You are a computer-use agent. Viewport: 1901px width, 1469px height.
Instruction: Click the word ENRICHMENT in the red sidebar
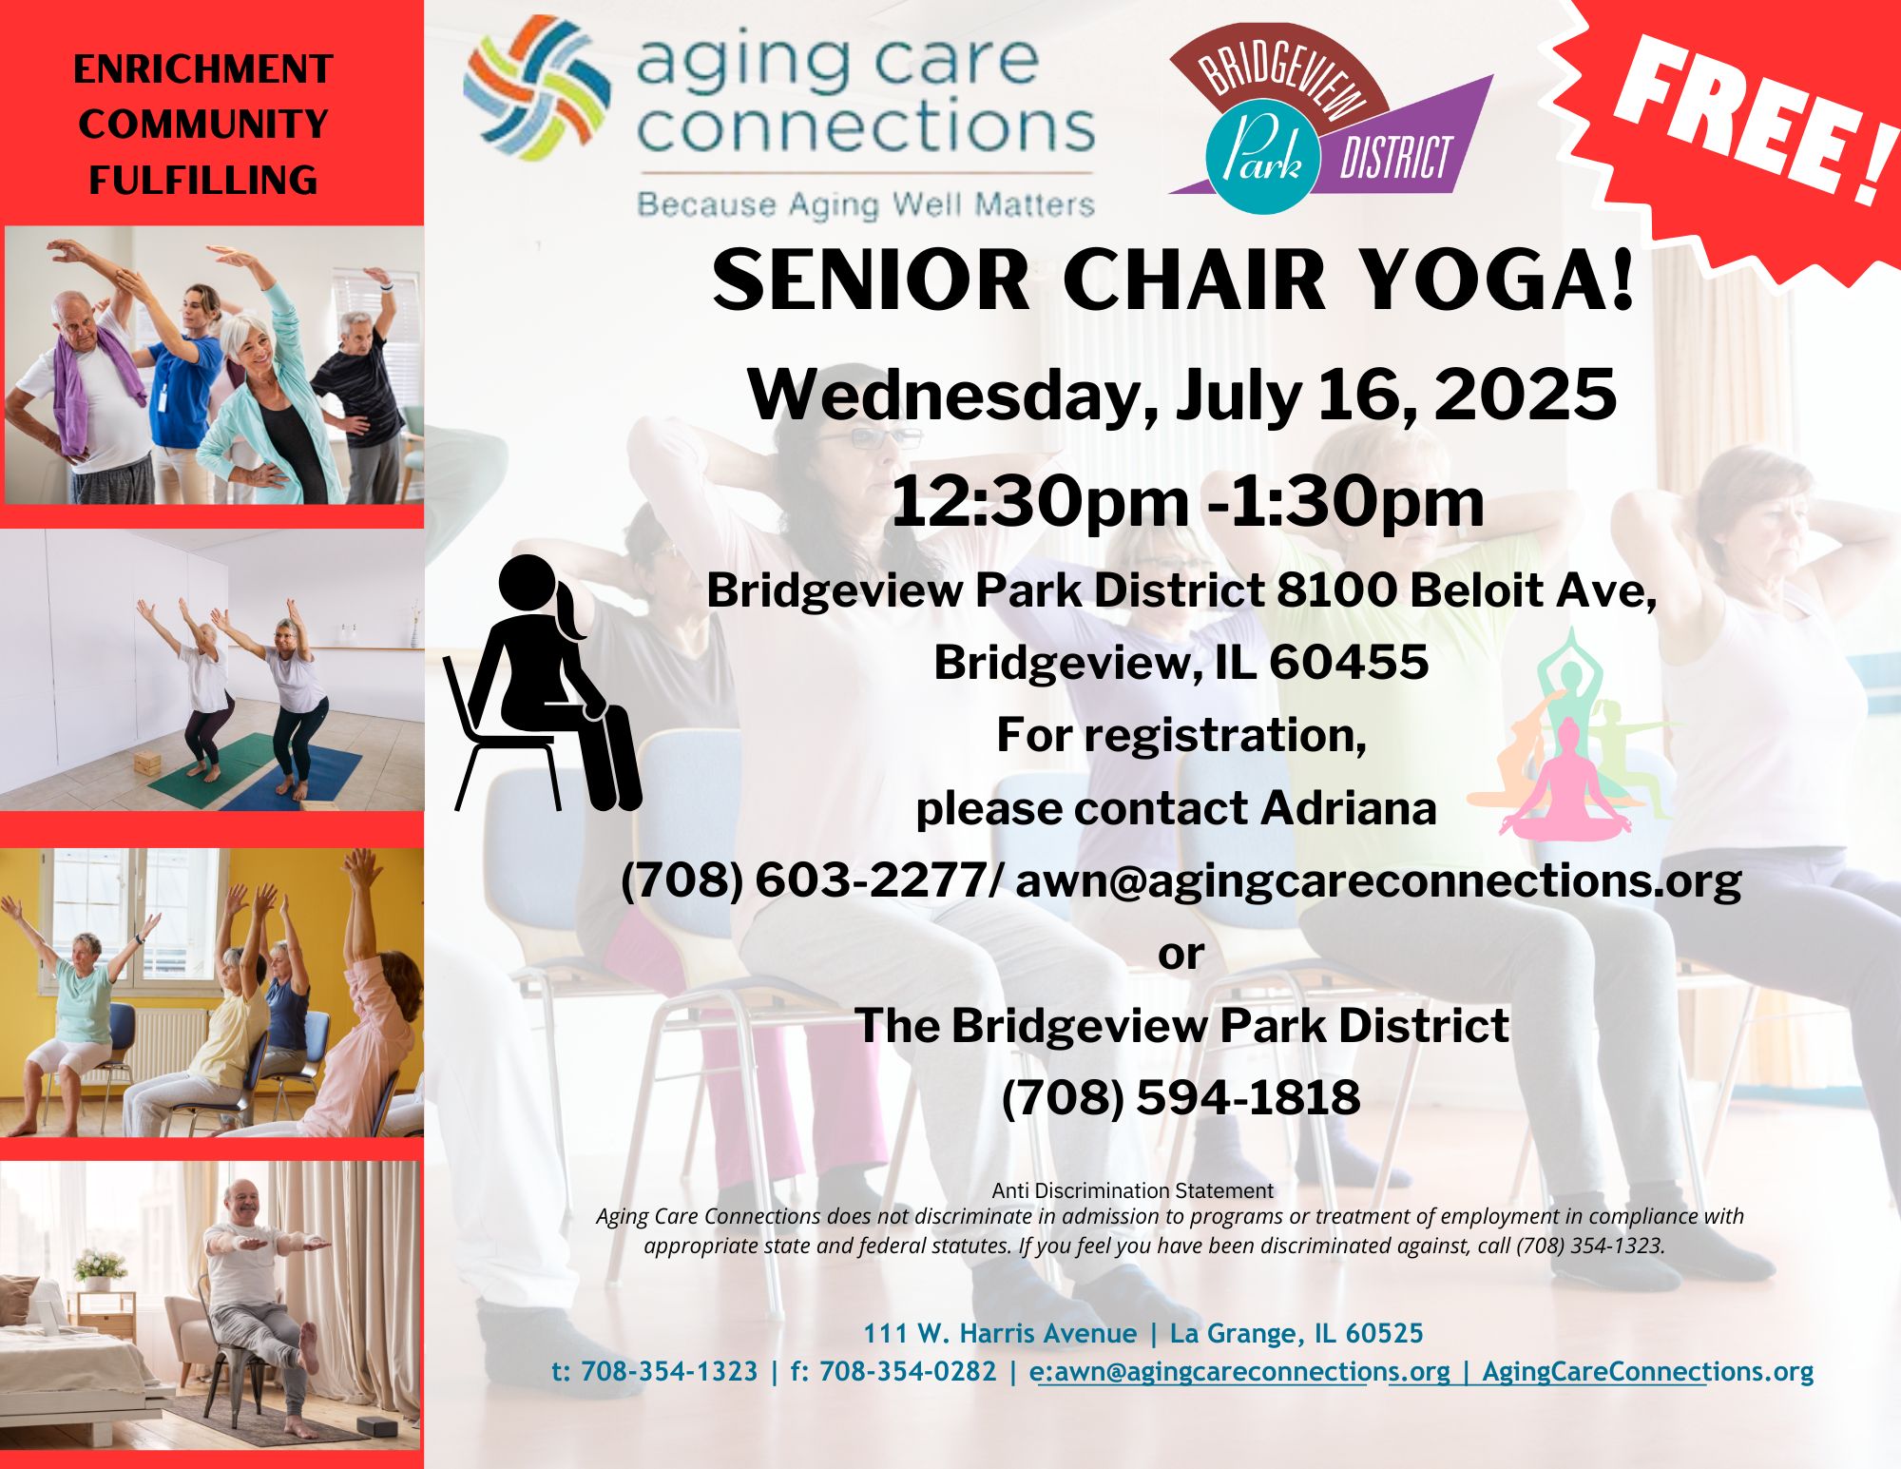point(202,69)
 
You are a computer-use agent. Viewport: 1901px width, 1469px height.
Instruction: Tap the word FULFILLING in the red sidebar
point(202,180)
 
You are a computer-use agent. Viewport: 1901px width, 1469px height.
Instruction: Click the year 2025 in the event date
point(1525,395)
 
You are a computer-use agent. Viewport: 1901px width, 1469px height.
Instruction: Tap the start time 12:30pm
point(1040,503)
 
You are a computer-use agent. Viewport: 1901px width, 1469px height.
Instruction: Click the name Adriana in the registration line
point(1349,808)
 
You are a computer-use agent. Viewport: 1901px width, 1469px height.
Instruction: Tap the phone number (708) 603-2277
point(804,880)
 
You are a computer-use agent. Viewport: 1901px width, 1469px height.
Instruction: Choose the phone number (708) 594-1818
point(1181,1097)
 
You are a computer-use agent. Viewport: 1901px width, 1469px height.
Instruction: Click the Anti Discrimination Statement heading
point(1132,1190)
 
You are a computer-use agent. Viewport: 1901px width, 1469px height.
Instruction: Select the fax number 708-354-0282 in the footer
point(908,1371)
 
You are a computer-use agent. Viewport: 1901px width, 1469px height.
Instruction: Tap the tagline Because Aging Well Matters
point(865,204)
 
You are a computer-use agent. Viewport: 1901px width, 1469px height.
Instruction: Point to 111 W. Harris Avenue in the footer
point(1000,1333)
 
